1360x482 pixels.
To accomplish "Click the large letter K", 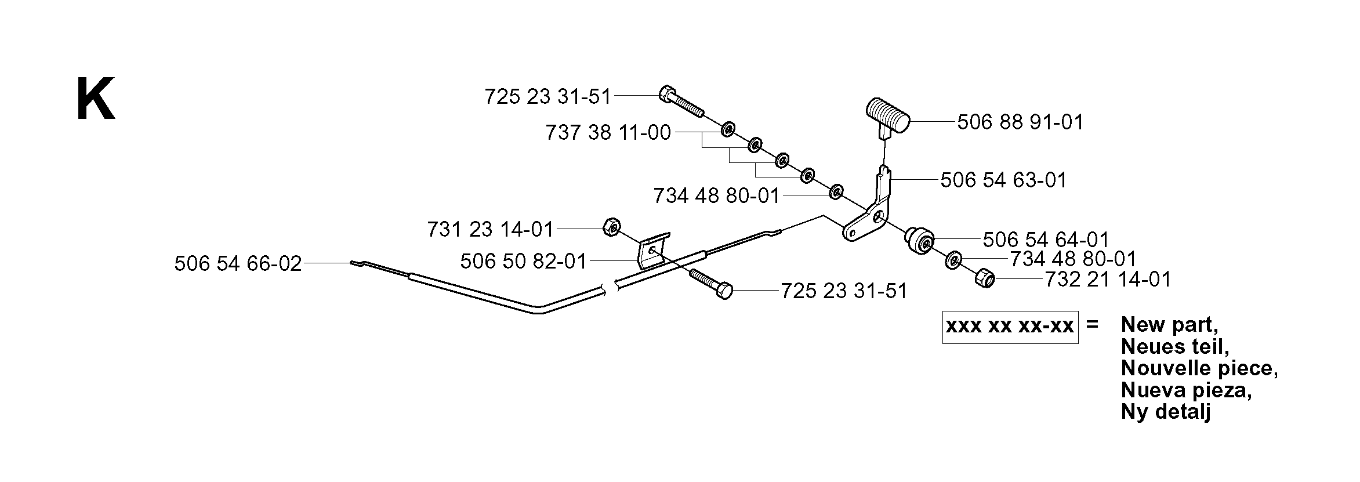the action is [96, 100].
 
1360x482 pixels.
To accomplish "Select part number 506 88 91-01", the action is [1020, 122].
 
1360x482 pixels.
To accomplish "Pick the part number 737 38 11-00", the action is [608, 133].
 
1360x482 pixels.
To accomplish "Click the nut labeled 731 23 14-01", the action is [610, 227].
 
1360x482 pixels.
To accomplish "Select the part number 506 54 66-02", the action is [238, 264].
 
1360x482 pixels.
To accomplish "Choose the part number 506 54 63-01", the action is [1004, 180].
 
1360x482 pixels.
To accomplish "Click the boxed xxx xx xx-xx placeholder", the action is [1010, 327].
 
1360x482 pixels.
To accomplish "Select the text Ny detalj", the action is [1166, 412].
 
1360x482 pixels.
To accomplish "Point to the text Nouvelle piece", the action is [1199, 368].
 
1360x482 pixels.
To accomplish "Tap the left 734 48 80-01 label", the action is [717, 196].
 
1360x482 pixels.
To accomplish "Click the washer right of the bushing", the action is [953, 260].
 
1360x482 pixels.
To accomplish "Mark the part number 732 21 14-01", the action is [1108, 280].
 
